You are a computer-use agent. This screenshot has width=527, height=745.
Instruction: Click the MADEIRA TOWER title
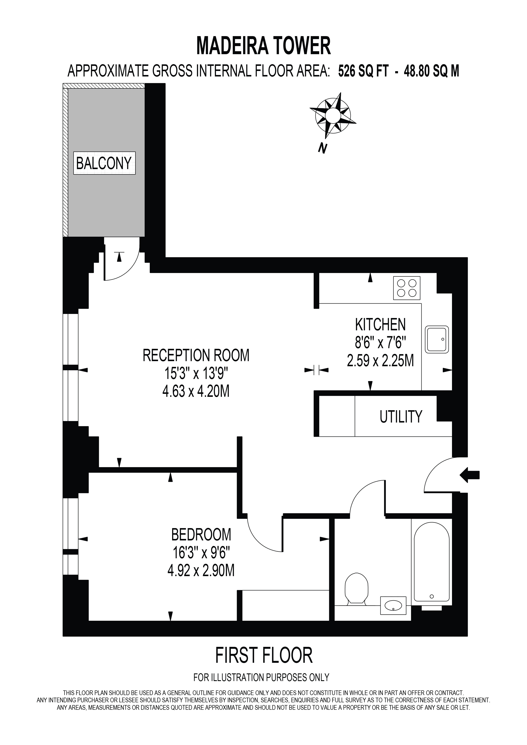[263, 46]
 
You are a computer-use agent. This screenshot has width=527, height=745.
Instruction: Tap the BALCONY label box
[104, 163]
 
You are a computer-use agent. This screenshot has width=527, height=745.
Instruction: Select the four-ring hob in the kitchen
[407, 288]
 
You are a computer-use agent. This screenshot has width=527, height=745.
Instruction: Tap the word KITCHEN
[380, 324]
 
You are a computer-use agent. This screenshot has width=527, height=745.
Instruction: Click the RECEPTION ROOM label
[196, 355]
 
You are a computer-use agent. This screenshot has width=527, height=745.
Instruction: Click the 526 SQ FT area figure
[363, 71]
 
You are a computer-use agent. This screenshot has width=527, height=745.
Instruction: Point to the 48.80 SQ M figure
[431, 71]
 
